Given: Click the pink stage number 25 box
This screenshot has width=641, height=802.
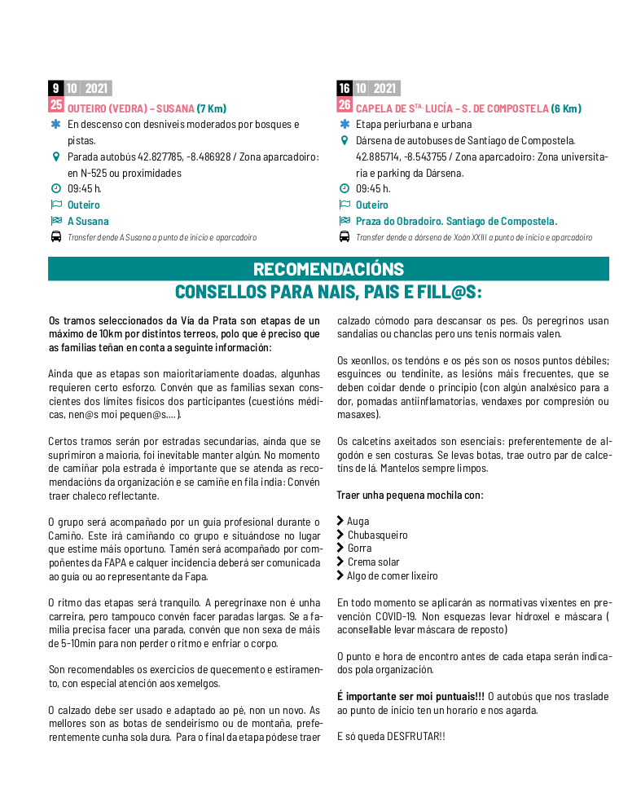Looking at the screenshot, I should pyautogui.click(x=55, y=104).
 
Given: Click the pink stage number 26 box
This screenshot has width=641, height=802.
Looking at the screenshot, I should pyautogui.click(x=345, y=104).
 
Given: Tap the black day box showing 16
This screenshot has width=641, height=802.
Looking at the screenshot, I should pyautogui.click(x=345, y=89).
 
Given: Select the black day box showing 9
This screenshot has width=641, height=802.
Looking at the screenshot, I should pyautogui.click(x=55, y=89).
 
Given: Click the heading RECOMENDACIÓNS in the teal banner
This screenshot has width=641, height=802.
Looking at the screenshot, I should pyautogui.click(x=328, y=269).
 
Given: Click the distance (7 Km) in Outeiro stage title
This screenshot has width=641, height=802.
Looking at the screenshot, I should pyautogui.click(x=212, y=108).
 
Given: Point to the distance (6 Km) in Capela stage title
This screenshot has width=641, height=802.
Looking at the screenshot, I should pyautogui.click(x=566, y=108).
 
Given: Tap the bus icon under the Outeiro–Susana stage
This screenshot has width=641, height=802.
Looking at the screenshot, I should pyautogui.click(x=55, y=237).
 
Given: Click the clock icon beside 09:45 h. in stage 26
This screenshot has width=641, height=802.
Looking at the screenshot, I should pyautogui.click(x=344, y=189).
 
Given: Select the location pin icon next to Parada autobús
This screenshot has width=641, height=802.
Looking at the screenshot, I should pyautogui.click(x=55, y=156).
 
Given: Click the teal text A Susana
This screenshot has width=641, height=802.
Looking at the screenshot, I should pyautogui.click(x=88, y=221).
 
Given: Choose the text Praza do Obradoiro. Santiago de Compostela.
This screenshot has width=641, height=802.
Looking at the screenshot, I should pyautogui.click(x=456, y=221).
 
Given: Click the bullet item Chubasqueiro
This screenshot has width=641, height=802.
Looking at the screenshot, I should pyautogui.click(x=377, y=535).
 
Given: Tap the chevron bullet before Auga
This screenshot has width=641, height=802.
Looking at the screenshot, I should pyautogui.click(x=340, y=521).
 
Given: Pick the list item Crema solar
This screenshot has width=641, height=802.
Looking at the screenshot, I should pyautogui.click(x=373, y=562).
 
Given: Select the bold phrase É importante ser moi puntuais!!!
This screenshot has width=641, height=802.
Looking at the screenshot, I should pyautogui.click(x=411, y=696).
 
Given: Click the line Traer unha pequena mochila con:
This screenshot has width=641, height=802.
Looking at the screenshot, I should pyautogui.click(x=410, y=495).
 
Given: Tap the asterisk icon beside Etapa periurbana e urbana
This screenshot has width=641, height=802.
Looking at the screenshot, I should pyautogui.click(x=344, y=125).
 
